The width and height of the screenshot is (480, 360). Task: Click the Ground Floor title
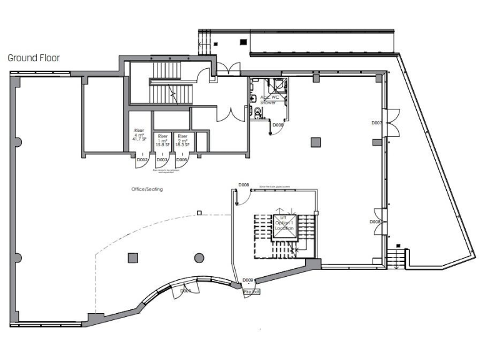(33, 57)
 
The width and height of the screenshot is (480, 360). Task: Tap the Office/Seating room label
(147, 189)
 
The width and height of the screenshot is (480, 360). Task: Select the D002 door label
(142, 161)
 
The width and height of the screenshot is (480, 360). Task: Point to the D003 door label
(162, 161)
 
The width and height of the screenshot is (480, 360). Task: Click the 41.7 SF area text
(140, 144)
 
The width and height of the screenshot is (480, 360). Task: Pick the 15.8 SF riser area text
(162, 144)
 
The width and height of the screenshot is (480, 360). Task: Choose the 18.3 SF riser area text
(182, 144)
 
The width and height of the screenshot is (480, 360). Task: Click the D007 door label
(376, 123)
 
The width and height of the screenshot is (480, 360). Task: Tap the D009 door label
(248, 280)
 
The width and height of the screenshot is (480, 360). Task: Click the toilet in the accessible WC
(257, 112)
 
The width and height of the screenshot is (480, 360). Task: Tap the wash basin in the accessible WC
(252, 98)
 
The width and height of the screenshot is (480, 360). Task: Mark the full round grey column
(199, 257)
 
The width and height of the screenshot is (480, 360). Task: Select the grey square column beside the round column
(132, 257)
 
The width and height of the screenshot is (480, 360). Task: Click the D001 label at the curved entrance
(186, 291)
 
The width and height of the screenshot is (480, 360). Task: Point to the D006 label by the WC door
(278, 125)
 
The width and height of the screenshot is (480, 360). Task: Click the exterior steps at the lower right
(396, 257)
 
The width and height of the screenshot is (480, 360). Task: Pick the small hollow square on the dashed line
(199, 213)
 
